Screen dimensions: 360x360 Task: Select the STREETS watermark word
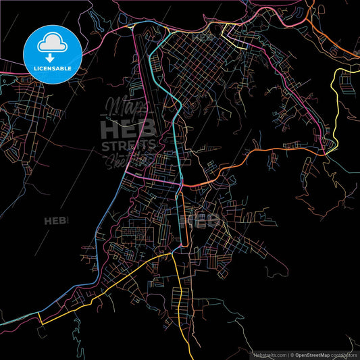click(x=128, y=145)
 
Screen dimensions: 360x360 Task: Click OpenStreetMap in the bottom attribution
click(x=317, y=354)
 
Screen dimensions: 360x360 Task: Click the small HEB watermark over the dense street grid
click(x=202, y=220)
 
